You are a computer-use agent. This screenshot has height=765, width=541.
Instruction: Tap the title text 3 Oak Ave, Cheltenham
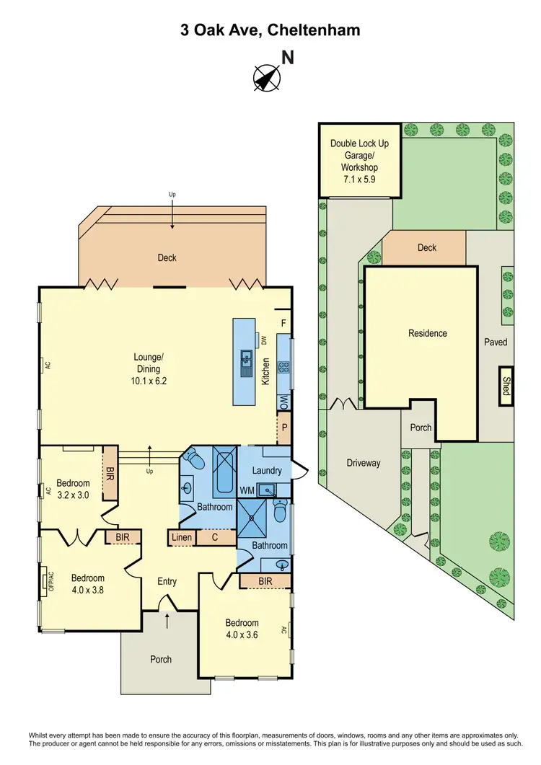pos(270,30)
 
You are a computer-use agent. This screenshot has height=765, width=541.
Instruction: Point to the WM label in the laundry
pos(247,490)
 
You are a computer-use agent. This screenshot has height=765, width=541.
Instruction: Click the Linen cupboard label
pos(180,537)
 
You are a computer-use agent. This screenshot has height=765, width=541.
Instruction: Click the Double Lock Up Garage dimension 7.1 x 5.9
pos(359,178)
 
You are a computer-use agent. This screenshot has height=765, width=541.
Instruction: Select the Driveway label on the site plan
pos(363,463)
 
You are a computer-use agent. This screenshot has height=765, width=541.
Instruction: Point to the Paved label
pos(496,342)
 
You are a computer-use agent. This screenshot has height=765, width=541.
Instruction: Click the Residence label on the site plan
pos(428,333)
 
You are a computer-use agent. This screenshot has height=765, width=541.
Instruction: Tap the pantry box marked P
pos(283,428)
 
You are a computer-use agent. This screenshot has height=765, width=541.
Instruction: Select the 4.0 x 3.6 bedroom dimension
pos(242,634)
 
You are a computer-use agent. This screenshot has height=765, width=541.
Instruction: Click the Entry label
pos(167,581)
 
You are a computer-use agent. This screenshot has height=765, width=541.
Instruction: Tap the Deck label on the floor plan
pos(167,257)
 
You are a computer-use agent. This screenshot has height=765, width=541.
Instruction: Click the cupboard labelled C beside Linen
pos(215,537)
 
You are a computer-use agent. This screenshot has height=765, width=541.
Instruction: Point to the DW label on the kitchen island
pos(264,339)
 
